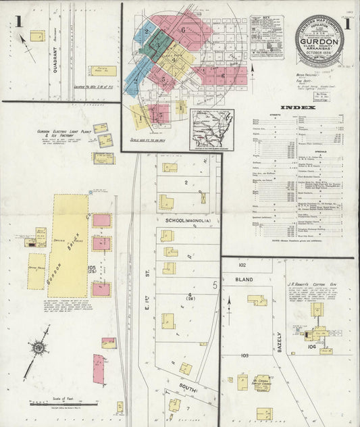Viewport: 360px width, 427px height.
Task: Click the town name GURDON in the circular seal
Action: pyautogui.click(x=319, y=40)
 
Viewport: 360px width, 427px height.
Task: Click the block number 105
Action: pyautogui.click(x=92, y=268)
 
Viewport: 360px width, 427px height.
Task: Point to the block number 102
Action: pyautogui.click(x=241, y=266)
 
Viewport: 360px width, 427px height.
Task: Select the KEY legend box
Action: pyautogui.click(x=267, y=37)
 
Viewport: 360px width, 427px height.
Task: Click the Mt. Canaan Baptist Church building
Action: pyautogui.click(x=262, y=382)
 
